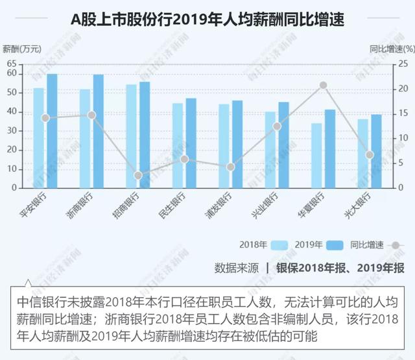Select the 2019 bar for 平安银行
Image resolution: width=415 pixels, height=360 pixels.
click(52, 130)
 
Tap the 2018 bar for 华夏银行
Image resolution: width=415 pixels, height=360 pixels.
click(316, 155)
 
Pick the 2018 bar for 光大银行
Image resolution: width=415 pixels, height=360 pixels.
click(362, 153)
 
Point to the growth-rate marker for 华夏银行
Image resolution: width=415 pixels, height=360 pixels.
click(323, 85)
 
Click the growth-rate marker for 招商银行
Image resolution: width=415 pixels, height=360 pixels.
click(138, 175)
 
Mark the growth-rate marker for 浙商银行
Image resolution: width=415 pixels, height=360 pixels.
click(91, 115)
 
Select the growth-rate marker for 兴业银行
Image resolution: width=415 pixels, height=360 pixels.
click(277, 126)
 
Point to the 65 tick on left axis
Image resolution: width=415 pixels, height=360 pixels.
click(11, 64)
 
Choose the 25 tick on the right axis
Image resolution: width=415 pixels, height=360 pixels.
click(403, 64)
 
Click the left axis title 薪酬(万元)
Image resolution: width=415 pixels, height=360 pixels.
click(21, 49)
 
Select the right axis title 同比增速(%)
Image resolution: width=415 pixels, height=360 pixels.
click(392, 49)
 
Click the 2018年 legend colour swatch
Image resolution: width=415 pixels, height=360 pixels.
click(279, 245)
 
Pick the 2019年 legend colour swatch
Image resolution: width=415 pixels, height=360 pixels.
click(335, 245)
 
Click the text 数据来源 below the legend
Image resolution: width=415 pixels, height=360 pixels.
click(237, 267)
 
